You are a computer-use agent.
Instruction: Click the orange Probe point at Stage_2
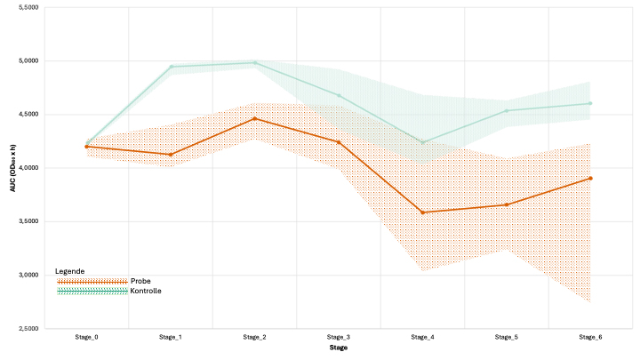click(x=254, y=118)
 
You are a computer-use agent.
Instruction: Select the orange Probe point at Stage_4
click(x=422, y=212)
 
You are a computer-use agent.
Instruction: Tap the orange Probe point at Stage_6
click(x=590, y=178)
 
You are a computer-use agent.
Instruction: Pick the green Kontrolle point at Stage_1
click(x=171, y=67)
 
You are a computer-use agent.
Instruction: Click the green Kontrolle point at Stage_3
click(x=339, y=95)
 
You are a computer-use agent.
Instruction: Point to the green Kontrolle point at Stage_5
click(x=507, y=111)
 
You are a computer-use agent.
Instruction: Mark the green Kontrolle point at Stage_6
click(x=590, y=103)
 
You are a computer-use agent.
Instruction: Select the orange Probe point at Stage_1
click(x=171, y=155)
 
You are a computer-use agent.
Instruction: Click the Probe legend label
click(x=140, y=281)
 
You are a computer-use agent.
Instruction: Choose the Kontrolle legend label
click(x=146, y=291)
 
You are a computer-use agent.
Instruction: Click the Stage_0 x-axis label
click(x=86, y=338)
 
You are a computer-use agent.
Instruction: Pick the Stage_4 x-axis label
click(x=422, y=338)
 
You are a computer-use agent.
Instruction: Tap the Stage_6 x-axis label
click(x=590, y=338)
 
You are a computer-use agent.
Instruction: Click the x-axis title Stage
click(x=338, y=348)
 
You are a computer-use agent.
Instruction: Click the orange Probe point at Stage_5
click(x=507, y=204)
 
